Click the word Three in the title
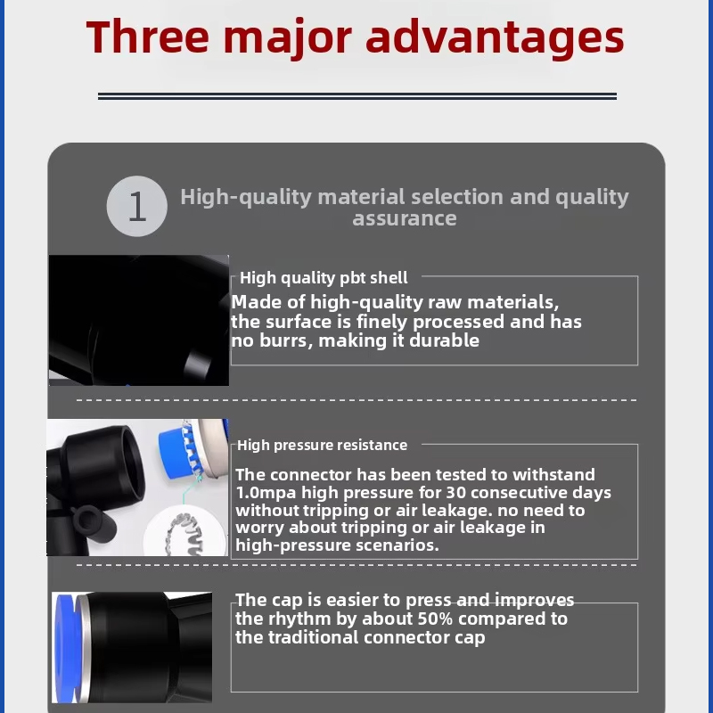click(148, 37)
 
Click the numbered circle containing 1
click(137, 206)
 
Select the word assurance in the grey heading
click(405, 218)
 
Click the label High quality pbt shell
click(324, 278)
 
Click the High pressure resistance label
click(322, 445)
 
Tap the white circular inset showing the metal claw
click(186, 530)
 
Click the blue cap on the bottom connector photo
click(65, 648)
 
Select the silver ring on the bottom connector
click(83, 648)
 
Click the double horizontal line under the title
click(357, 96)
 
